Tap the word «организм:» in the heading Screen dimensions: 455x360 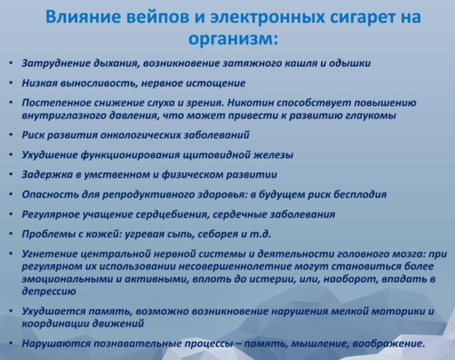pos(233,39)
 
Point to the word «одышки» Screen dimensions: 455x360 pos(349,63)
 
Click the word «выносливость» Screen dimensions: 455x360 pos(97,83)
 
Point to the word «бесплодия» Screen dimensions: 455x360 pos(360,194)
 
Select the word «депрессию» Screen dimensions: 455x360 pos(49,291)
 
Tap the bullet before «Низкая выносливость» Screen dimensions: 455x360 pos(11,83)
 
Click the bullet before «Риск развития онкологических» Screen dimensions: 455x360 pos(11,135)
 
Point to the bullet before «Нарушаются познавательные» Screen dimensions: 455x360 pos(11,343)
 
